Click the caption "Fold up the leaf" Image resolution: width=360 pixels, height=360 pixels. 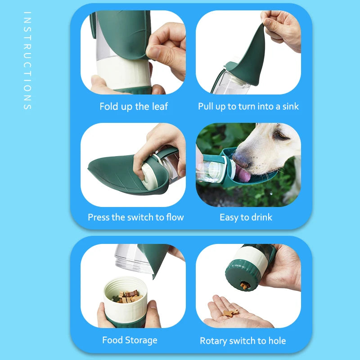133,107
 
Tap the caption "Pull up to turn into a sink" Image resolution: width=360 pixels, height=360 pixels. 248,107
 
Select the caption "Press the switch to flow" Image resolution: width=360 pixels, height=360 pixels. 136,217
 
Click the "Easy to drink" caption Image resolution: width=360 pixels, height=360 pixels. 246,217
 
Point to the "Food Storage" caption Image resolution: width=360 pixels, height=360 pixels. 130,340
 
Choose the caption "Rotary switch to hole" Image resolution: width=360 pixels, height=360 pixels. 243,341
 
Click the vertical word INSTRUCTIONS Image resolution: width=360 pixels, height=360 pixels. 27,61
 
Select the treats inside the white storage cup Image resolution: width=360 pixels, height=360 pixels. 127,296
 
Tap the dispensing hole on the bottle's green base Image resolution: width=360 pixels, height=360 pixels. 244,285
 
